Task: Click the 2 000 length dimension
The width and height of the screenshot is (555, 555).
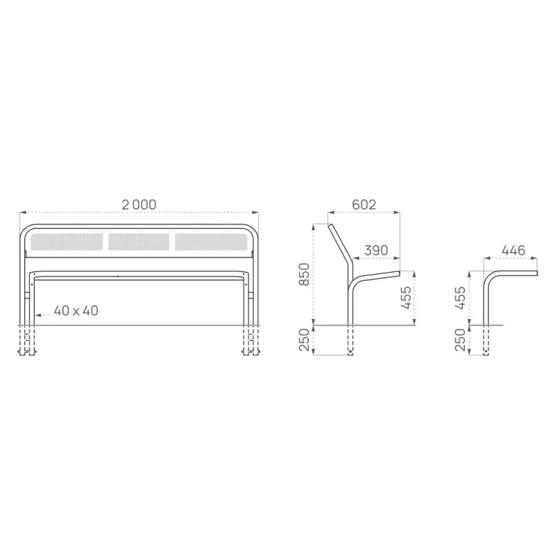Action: tap(139, 205)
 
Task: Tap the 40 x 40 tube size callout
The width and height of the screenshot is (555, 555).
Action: tap(76, 311)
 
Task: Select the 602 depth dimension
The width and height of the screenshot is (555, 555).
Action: tap(364, 205)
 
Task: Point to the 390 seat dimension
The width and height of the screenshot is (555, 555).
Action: tap(375, 250)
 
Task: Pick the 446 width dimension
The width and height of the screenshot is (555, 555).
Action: tap(513, 250)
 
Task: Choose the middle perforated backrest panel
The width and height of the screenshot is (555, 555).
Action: tap(139, 241)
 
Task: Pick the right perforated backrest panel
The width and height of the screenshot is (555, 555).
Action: tap(210, 241)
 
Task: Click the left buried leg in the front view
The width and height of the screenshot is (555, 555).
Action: tap(28, 341)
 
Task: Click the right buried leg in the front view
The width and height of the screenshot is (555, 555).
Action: tap(250, 341)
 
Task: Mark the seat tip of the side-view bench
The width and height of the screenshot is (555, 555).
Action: tap(398, 273)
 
